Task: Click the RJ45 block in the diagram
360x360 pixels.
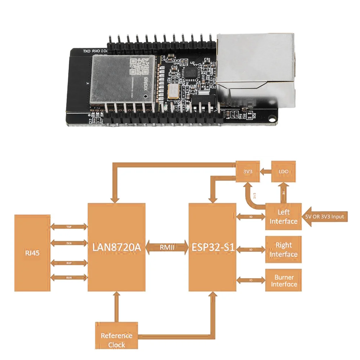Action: pos(32,253)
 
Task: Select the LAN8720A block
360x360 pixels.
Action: pos(117,247)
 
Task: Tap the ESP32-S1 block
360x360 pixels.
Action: pos(212,247)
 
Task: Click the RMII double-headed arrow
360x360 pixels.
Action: pos(167,247)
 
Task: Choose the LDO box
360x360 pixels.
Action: pos(283,171)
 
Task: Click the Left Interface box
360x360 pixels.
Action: pos(283,216)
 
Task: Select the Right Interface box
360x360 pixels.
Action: pos(283,249)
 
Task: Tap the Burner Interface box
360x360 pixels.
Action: pos(283,280)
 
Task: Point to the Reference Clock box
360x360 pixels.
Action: pos(116,339)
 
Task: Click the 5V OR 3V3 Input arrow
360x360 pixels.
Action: pos(326,216)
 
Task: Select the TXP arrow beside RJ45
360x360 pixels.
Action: pos(69,227)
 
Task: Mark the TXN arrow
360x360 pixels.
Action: pos(69,243)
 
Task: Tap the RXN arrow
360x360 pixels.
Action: pos(69,278)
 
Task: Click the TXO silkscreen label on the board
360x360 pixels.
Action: pos(87,52)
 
